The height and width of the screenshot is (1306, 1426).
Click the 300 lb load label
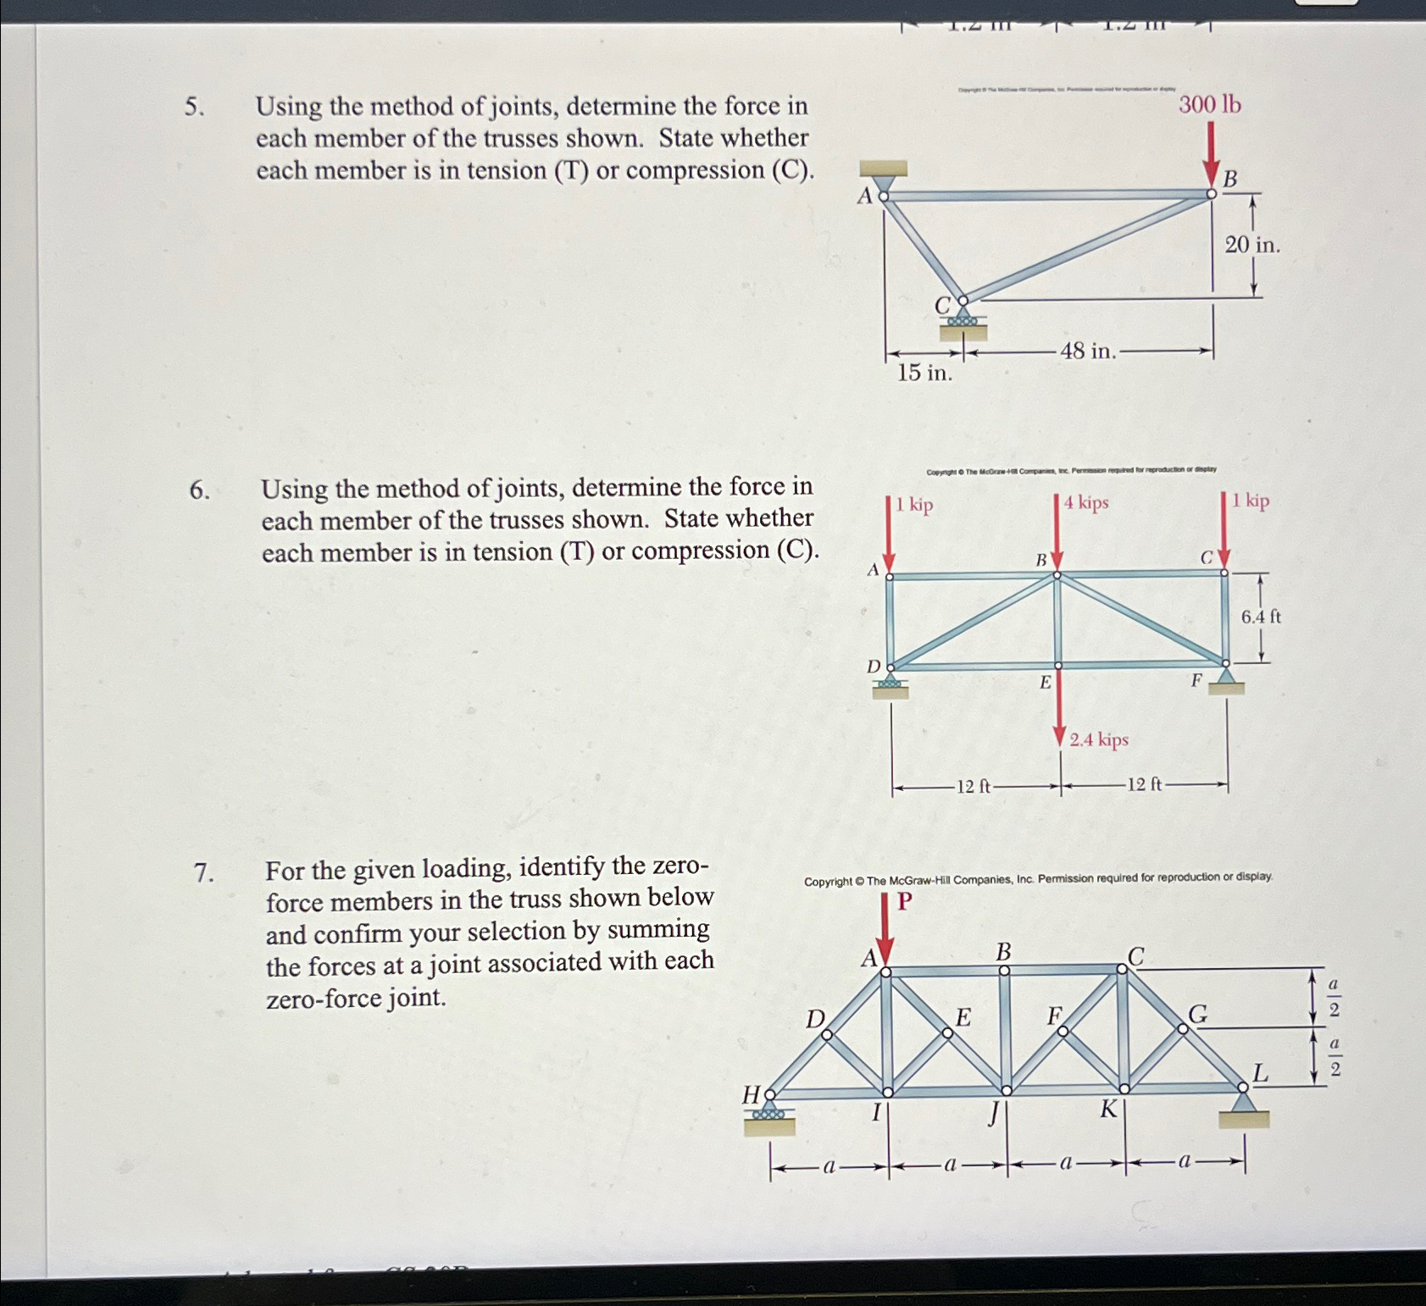1209,105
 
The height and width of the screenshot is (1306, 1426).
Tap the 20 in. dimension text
1251,246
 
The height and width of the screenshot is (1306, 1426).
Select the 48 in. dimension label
1087,351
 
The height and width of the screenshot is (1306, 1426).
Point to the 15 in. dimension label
924,373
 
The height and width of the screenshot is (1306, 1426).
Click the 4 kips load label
1086,503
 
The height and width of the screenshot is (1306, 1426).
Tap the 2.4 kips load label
1099,740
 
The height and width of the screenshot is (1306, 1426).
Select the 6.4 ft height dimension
1261,617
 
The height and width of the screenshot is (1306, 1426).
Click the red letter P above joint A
904,901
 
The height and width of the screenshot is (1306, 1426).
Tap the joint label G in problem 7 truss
1198,1014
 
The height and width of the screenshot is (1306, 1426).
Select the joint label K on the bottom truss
1108,1109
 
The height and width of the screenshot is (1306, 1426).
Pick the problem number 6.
198,490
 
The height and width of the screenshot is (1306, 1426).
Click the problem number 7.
202,872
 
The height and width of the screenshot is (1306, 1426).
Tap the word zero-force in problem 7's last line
323,999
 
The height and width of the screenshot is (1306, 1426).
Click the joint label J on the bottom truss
993,1112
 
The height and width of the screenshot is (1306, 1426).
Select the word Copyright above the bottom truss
828,882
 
